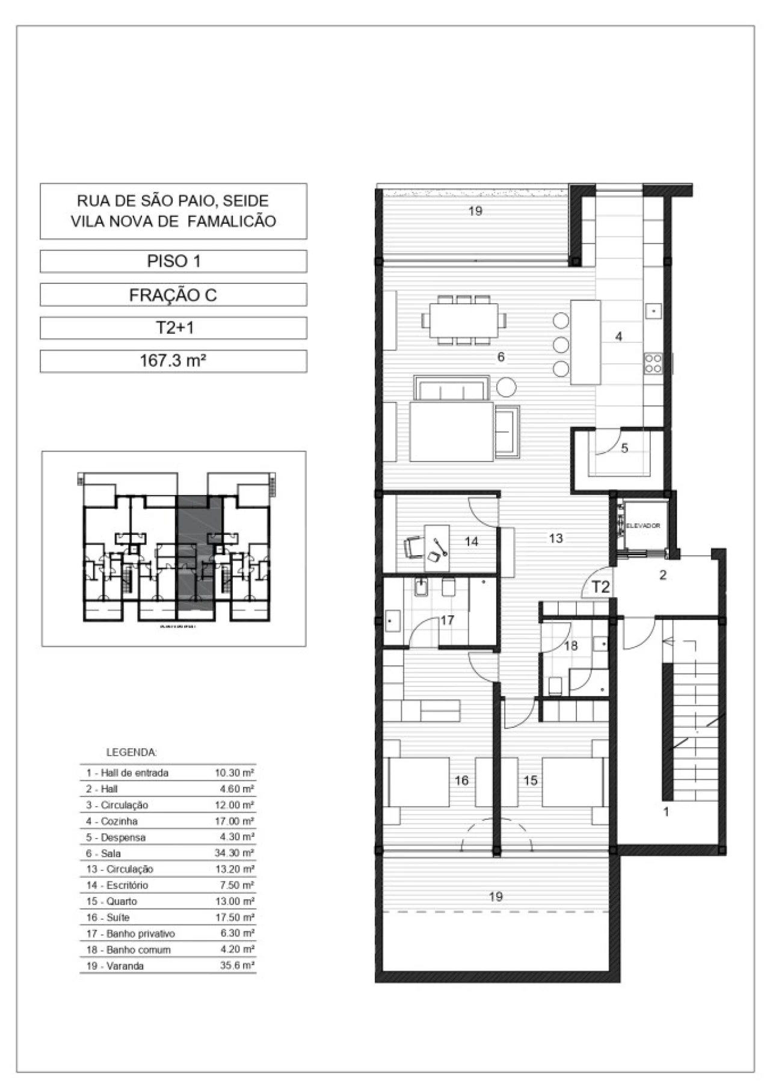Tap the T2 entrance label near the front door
(600, 587)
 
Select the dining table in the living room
(464, 319)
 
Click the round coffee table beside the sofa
(507, 386)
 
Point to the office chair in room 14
(413, 547)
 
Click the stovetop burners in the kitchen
(653, 363)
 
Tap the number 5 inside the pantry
(624, 448)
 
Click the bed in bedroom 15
(572, 781)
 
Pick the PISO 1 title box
(173, 261)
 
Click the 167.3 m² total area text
(173, 361)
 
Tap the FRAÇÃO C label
(173, 295)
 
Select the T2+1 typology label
(173, 328)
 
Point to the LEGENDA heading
(132, 752)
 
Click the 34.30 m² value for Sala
(235, 853)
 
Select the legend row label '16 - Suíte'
(108, 917)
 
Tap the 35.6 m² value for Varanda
(237, 965)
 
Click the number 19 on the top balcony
(475, 211)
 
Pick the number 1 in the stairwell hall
(666, 812)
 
